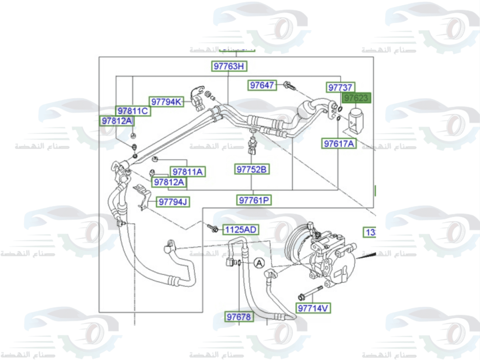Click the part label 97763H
point(229,66)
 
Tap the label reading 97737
point(341,87)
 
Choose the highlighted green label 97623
point(356,98)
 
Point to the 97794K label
point(167,102)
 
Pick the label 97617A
point(339,143)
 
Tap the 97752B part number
point(252,169)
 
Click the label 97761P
point(254,200)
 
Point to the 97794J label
point(173,202)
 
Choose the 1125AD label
point(240,230)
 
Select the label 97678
point(239,317)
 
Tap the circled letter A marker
point(259,263)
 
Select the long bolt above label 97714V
point(311,292)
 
